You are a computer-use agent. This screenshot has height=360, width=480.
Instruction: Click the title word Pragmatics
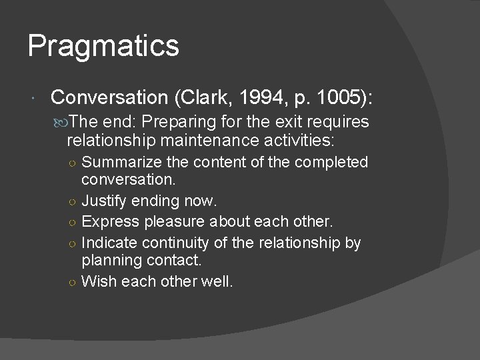(103, 47)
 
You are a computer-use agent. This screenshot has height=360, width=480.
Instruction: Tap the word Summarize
(118, 162)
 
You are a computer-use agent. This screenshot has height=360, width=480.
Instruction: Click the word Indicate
(109, 242)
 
